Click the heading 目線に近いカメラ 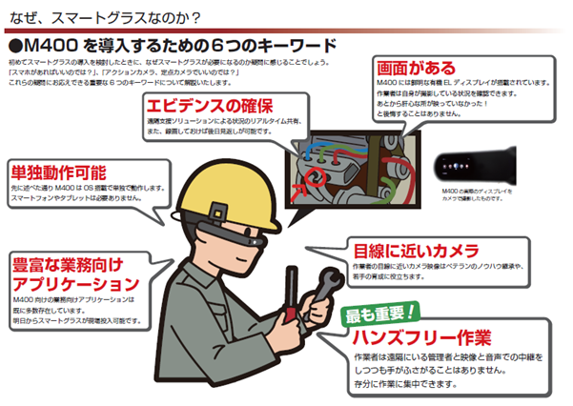tap(408, 251)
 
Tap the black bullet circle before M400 tap(14, 46)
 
